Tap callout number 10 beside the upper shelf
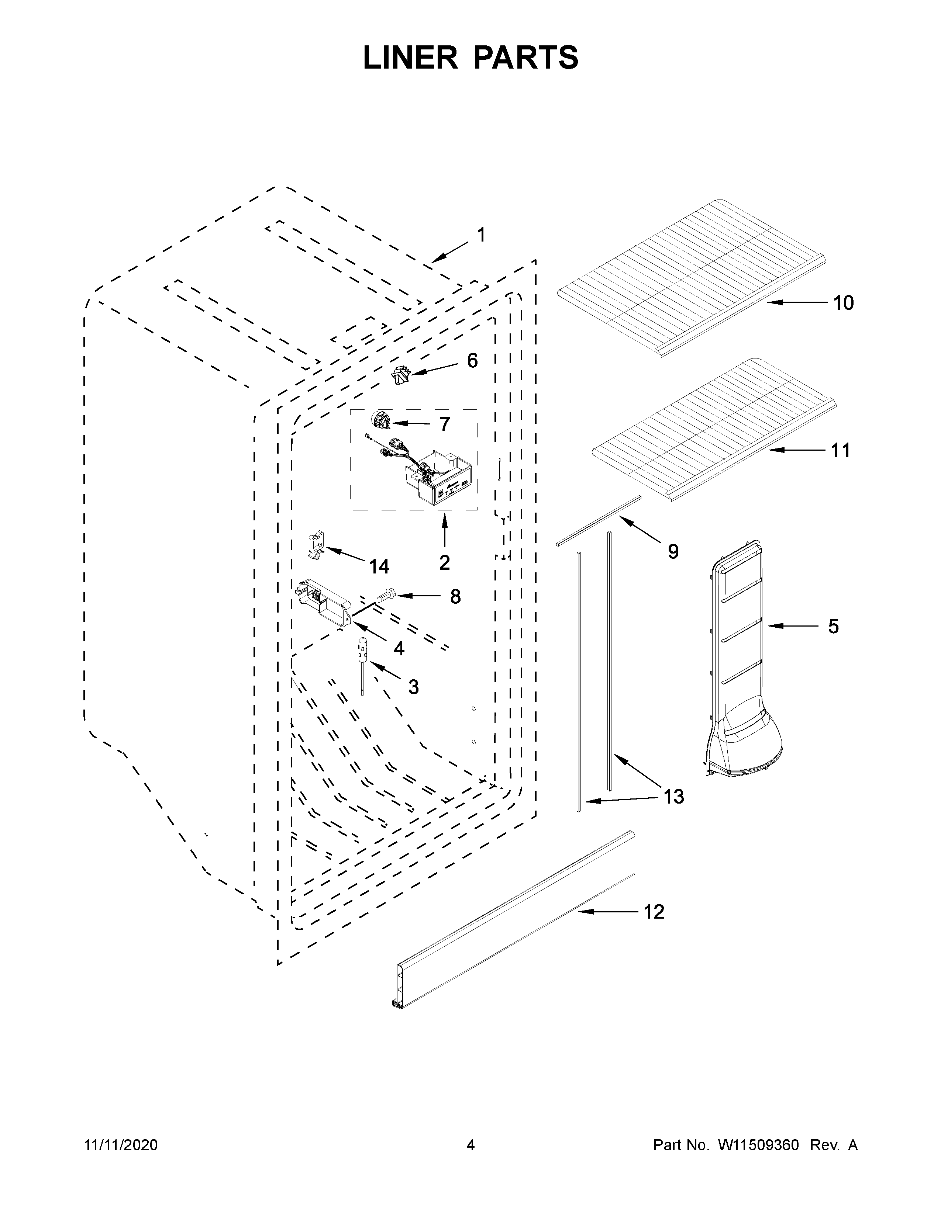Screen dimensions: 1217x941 click(844, 303)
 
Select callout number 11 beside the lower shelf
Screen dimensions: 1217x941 click(841, 450)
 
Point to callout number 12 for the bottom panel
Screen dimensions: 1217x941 click(654, 912)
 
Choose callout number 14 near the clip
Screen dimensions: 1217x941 click(379, 567)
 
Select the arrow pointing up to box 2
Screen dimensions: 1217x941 click(444, 529)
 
